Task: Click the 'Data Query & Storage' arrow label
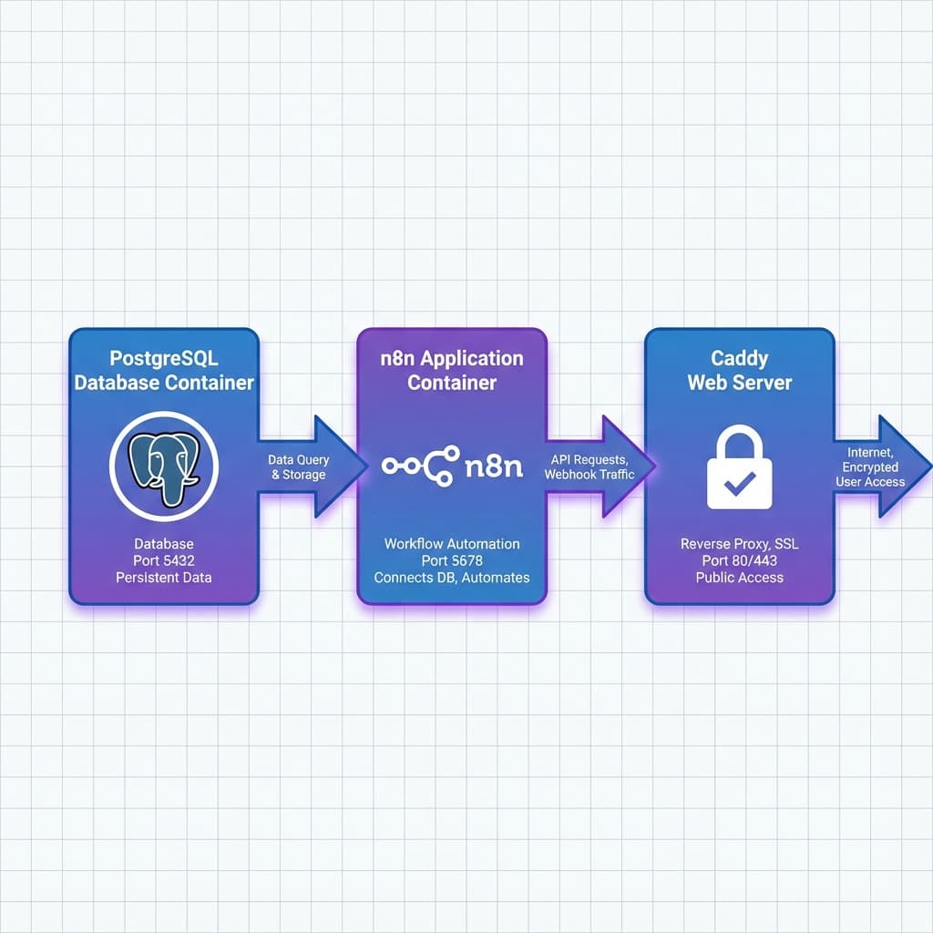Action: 298,467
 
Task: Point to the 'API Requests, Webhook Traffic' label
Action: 590,467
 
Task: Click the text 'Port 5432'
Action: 164,560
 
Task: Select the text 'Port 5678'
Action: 452,560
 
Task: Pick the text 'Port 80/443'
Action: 739,560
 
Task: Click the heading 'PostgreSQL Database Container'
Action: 164,370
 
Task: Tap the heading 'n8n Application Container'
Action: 452,370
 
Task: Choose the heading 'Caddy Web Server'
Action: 739,370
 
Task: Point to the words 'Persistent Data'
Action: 164,578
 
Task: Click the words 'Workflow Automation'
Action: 452,544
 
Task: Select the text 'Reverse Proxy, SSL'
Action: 739,544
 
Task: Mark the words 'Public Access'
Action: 739,578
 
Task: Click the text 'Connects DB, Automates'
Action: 452,578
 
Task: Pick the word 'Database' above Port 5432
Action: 164,544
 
